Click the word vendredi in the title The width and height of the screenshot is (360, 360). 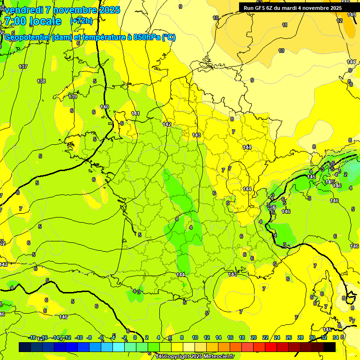tap(25, 10)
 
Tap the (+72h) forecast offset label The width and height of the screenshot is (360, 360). tap(81, 21)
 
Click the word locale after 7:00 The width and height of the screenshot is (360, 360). tap(45, 21)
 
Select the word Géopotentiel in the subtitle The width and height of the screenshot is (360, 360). tap(26, 37)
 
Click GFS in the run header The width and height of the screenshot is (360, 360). tap(263, 8)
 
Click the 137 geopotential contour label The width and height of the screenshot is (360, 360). tap(23, 67)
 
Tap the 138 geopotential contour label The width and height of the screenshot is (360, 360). tap(41, 81)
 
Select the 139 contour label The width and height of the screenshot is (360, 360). tap(73, 97)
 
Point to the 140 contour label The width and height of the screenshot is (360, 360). tap(105, 107)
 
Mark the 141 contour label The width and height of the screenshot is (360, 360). tap(135, 113)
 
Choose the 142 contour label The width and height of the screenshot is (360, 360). tap(167, 124)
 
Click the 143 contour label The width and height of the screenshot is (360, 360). tap(196, 135)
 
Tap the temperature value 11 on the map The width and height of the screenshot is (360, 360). tap(285, 25)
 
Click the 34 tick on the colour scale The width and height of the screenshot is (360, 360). tap(335, 337)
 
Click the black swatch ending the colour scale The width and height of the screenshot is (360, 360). tap(330, 347)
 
